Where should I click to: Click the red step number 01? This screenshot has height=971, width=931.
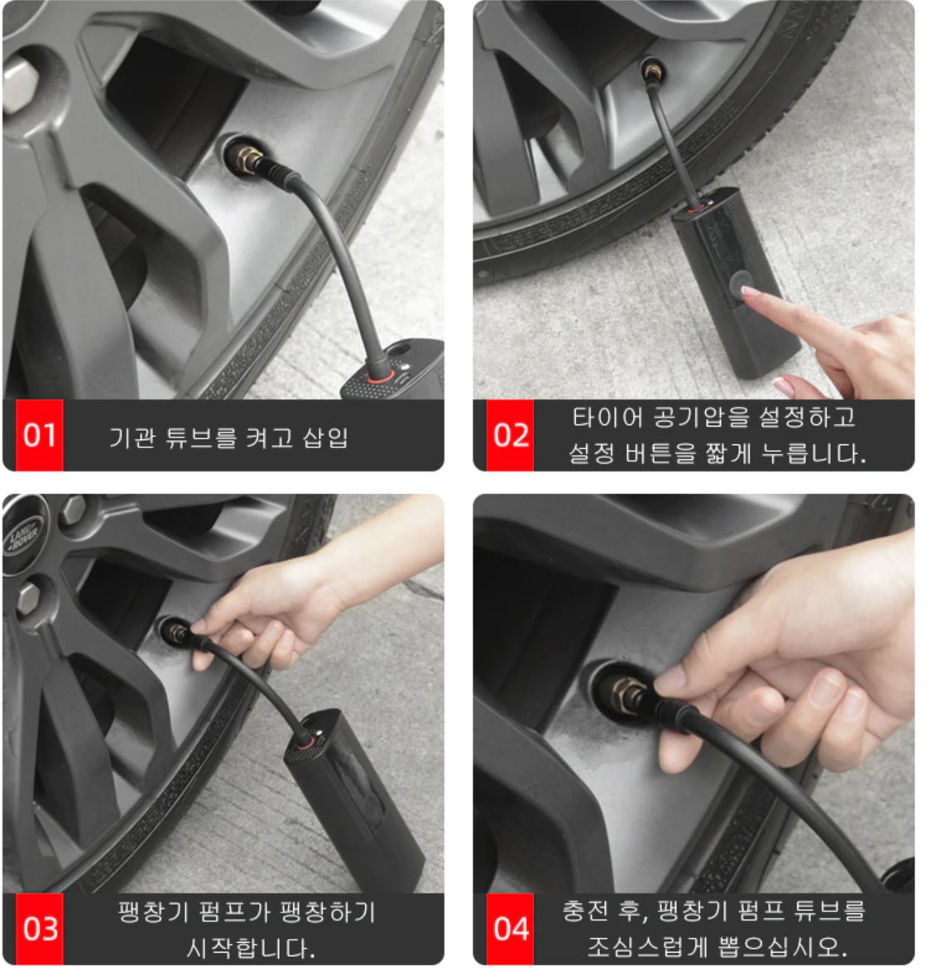[40, 435]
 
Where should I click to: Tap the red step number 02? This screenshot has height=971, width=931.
[511, 435]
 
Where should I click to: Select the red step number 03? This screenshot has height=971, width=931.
[40, 929]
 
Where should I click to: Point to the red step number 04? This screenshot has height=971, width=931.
[511, 929]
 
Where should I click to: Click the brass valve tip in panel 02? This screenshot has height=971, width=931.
[652, 70]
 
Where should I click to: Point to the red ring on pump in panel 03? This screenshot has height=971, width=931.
[304, 742]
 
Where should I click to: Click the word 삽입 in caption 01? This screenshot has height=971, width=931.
[324, 438]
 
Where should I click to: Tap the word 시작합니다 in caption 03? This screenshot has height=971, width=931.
[250, 948]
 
